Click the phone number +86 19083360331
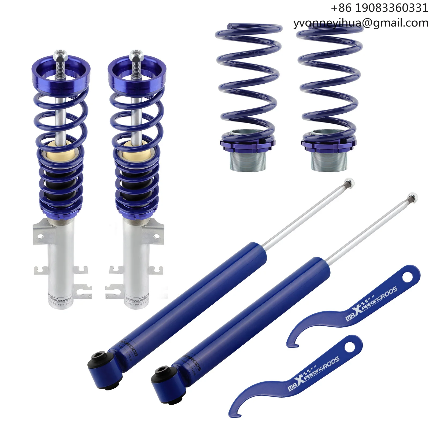coord(379,8)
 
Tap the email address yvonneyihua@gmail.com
coord(361,23)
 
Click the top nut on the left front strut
coord(60,56)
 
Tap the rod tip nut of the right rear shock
coord(412,198)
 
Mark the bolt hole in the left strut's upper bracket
coord(40,236)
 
